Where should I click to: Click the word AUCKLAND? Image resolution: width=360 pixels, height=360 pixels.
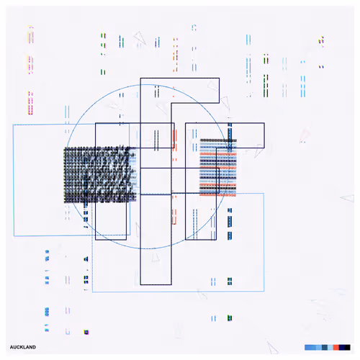pyautogui.click(x=23, y=347)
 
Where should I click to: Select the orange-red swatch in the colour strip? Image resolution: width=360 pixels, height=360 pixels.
pyautogui.click(x=336, y=347)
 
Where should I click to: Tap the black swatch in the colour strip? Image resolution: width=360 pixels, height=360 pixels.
pyautogui.click(x=347, y=347)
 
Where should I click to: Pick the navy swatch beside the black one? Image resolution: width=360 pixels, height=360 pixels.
pyautogui.click(x=342, y=347)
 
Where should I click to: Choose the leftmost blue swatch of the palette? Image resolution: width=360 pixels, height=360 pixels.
pyautogui.click(x=307, y=347)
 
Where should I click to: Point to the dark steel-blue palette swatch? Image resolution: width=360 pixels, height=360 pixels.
pyautogui.click(x=325, y=347)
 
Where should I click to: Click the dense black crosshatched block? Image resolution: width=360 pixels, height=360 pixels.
pyautogui.click(x=100, y=175)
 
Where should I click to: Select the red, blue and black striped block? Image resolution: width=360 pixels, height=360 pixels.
pyautogui.click(x=218, y=167)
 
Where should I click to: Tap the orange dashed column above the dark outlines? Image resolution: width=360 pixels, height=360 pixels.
pyautogui.click(x=176, y=55)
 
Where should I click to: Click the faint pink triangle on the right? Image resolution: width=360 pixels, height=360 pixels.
pyautogui.click(x=305, y=135)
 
